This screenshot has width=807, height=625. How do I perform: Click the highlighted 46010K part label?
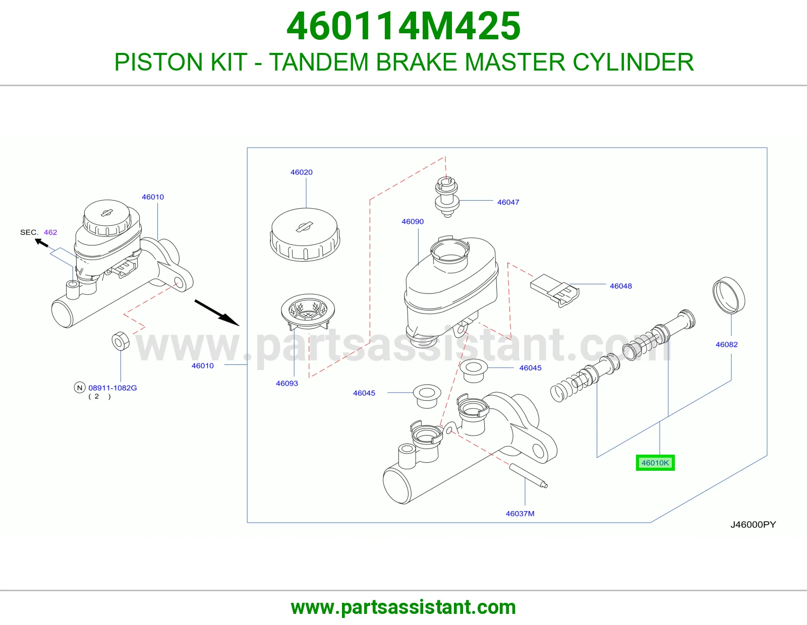coord(655,463)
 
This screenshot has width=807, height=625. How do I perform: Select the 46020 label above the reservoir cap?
coord(301,172)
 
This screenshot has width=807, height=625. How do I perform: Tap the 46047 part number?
coord(508,202)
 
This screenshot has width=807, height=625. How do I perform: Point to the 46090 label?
coord(413,222)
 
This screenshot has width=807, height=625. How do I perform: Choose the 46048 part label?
coord(620,286)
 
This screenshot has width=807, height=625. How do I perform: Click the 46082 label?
coord(726,344)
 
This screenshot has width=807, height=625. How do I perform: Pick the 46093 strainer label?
coord(286,384)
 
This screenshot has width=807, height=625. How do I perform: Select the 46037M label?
coord(520,514)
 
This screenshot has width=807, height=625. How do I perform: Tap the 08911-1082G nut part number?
coord(112,388)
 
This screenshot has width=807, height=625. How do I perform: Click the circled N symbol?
coord(80,388)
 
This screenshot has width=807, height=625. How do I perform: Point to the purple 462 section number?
coord(50,232)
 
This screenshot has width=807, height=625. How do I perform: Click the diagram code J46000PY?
coord(753,524)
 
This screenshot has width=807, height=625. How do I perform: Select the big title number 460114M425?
coord(403,26)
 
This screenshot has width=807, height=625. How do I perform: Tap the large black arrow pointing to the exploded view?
coord(217,313)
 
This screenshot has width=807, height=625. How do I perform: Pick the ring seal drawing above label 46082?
coord(729,295)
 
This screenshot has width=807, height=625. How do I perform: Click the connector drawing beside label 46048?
coord(554,291)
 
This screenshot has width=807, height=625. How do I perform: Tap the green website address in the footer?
coord(403,607)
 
